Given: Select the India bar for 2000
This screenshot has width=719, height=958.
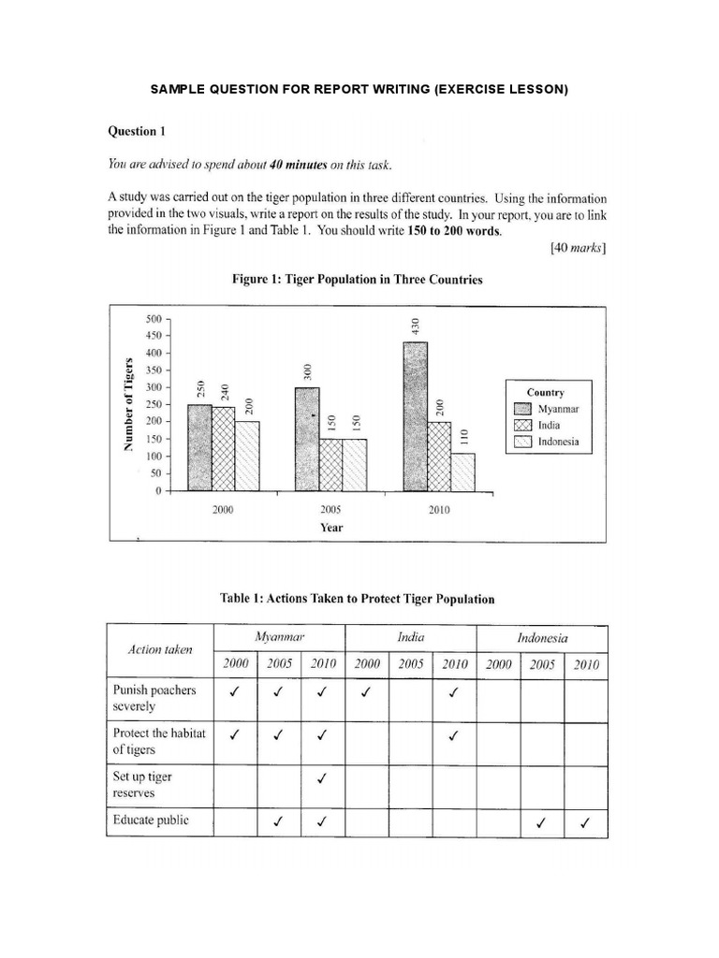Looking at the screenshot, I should (x=224, y=449).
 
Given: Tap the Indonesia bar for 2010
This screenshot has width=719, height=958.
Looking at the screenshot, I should (x=462, y=472).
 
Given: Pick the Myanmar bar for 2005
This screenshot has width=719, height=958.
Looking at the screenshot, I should (x=307, y=440).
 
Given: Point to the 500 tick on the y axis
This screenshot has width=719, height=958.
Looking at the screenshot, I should (x=154, y=319).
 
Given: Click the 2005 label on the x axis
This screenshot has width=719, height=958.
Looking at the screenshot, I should (x=330, y=510).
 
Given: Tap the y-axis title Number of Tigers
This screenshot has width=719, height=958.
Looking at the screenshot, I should (x=127, y=403).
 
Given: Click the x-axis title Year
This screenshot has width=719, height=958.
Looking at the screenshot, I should (x=330, y=527).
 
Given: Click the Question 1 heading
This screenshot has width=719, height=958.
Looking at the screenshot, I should (x=137, y=131).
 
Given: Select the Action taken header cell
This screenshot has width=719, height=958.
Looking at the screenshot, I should (x=160, y=650).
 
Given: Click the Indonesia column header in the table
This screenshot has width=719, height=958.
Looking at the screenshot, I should (x=542, y=638).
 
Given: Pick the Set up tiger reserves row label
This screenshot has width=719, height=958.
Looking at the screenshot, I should (x=142, y=785).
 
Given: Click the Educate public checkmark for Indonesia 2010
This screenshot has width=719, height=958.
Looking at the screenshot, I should (x=585, y=823).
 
